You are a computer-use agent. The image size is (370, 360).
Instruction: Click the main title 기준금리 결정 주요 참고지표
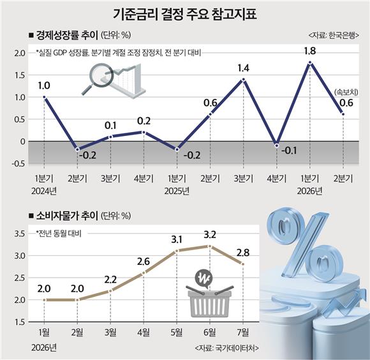[x=185, y=14]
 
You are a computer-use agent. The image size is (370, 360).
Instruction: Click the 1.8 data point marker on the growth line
[x=310, y=63]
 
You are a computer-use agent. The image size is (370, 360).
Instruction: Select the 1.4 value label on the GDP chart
[x=243, y=68]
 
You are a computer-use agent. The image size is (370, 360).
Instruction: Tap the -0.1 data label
[x=289, y=151]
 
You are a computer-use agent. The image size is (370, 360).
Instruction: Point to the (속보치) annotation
[x=346, y=93]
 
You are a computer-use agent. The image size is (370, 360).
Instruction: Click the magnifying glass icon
[x=97, y=78]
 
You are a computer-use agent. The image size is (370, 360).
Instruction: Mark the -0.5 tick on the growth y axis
[x=18, y=163]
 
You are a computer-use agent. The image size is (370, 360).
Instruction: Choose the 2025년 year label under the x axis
[x=177, y=191]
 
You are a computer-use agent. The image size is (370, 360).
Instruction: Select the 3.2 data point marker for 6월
[x=210, y=246]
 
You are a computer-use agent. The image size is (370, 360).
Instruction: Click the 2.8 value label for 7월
[x=243, y=253]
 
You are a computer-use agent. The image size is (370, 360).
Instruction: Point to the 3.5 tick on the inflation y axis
[x=20, y=234]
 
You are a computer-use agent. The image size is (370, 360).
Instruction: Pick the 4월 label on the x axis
[x=144, y=333]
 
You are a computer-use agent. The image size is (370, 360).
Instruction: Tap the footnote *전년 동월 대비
[x=59, y=234]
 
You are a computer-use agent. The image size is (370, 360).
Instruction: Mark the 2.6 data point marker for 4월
[x=144, y=273]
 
